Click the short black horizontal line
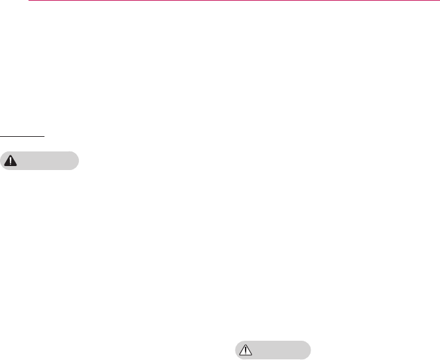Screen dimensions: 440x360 pyautogui.click(x=22, y=136)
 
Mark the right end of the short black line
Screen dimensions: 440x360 pyautogui.click(x=44, y=136)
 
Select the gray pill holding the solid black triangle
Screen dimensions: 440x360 pyautogui.click(x=40, y=161)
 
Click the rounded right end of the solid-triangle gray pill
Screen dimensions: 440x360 pyautogui.click(x=75, y=161)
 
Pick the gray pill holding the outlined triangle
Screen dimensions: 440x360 pyautogui.click(x=271, y=350)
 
